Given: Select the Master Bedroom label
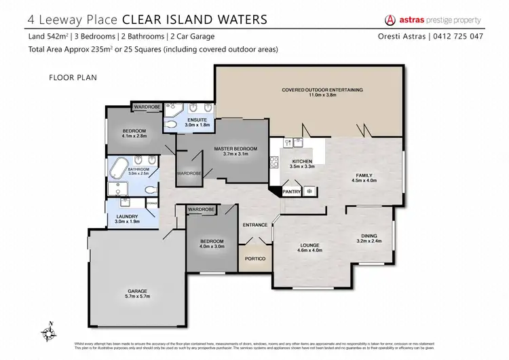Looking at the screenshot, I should [235, 149].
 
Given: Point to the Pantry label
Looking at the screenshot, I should [291, 192].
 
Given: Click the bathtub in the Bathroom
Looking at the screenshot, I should [119, 166].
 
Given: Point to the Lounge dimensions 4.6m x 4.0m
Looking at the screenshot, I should [309, 251].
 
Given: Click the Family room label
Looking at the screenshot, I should [364, 175].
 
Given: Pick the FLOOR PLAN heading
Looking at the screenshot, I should [73, 77].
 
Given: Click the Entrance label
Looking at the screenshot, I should [255, 225].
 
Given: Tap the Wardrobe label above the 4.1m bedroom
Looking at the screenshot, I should [146, 107].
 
